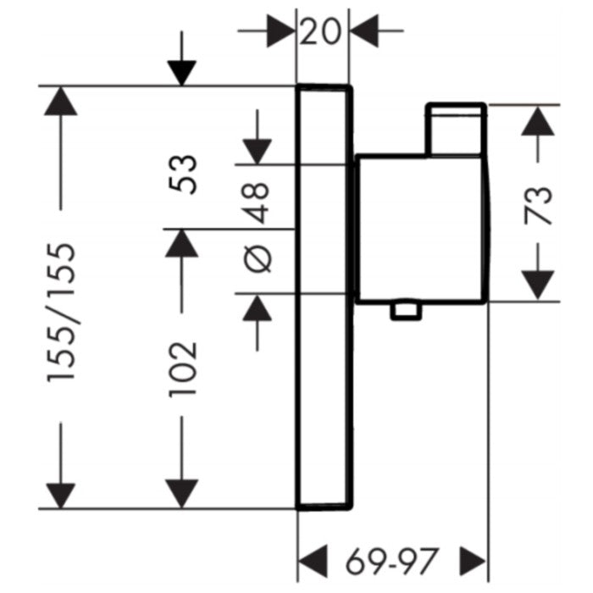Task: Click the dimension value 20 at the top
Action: click(323, 31)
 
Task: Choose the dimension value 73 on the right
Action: click(538, 203)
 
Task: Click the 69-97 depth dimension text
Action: click(394, 560)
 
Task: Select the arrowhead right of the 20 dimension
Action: click(365, 32)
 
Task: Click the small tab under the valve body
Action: click(405, 311)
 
